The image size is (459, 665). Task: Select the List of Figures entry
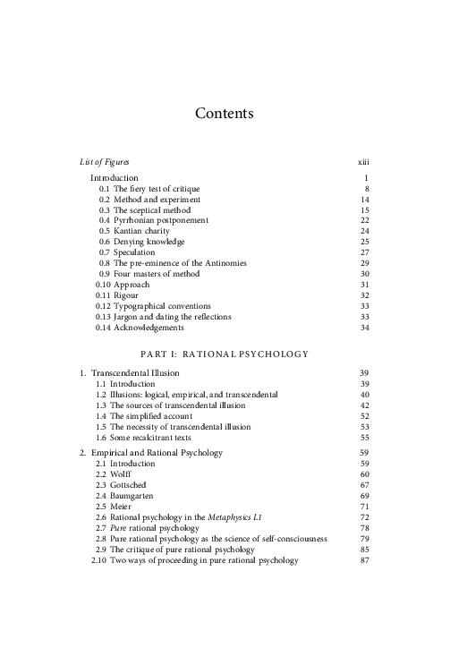pos(104,162)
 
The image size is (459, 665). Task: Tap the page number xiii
pos(363,162)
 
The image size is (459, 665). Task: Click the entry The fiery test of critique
pos(157,189)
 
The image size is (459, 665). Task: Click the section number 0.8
pos(105,263)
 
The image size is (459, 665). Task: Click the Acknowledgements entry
pos(151,328)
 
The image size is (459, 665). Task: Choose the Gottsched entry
pos(132,485)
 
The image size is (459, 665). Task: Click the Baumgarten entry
pos(137,496)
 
